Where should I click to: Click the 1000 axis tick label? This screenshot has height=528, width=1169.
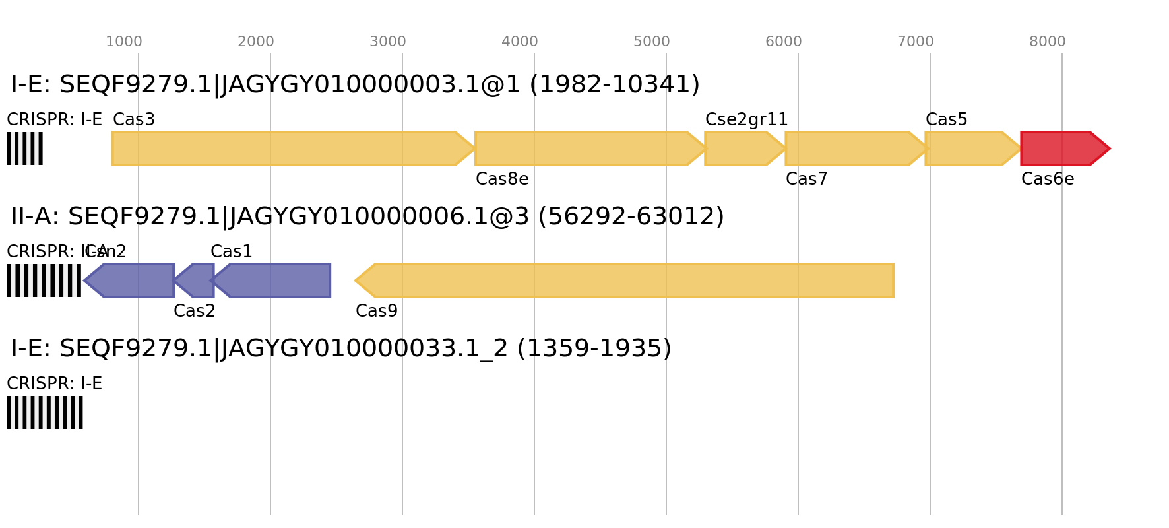click(123, 42)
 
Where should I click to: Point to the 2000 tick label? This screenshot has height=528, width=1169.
click(255, 42)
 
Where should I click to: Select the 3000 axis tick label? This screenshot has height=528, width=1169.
click(387, 42)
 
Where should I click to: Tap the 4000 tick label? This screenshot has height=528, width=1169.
click(519, 42)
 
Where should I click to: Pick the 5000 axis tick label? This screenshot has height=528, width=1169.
click(651, 42)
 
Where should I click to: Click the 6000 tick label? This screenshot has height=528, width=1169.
click(783, 42)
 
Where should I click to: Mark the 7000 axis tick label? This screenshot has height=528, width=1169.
click(915, 42)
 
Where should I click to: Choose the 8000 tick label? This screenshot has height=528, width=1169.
click(1047, 42)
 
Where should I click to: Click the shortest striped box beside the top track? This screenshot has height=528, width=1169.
click(24, 148)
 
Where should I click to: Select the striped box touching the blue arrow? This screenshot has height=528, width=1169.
click(44, 280)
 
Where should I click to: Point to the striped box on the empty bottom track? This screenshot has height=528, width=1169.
click(45, 412)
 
